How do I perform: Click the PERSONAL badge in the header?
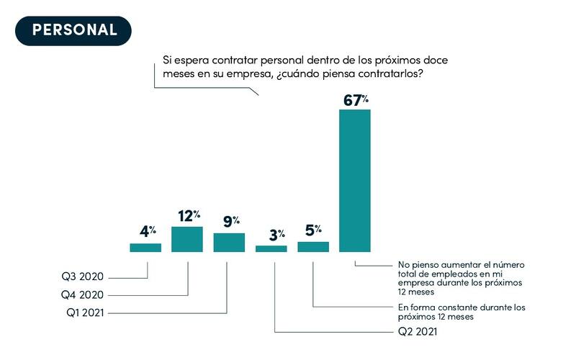(x=74, y=30)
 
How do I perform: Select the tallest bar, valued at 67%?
(x=355, y=180)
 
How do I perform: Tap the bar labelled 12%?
(x=187, y=239)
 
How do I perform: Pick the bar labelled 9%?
(x=229, y=243)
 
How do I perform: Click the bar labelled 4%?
(x=145, y=248)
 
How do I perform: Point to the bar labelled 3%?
(x=271, y=248)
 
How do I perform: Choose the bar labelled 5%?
(x=313, y=246)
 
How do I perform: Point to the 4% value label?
(x=147, y=232)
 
